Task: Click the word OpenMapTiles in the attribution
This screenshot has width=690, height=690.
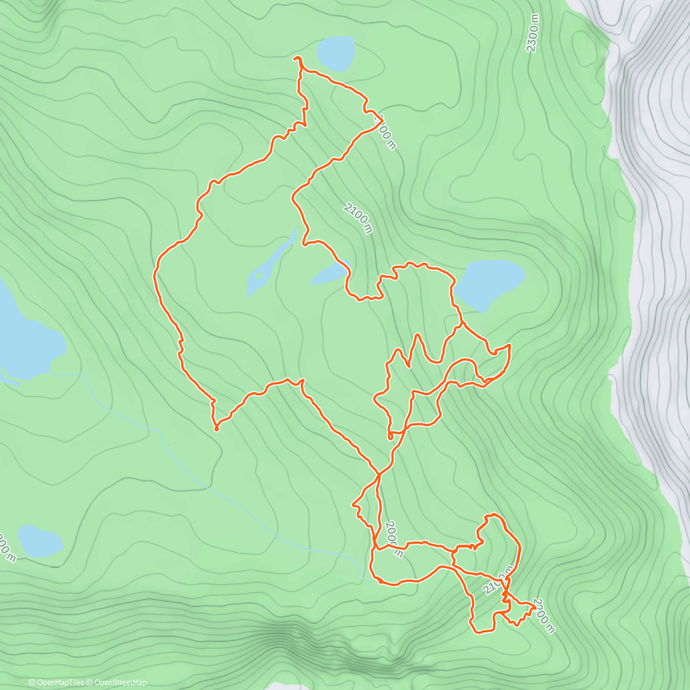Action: click(60, 683)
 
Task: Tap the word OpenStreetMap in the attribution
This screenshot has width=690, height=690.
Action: click(122, 683)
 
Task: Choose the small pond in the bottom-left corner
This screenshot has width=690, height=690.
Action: click(39, 541)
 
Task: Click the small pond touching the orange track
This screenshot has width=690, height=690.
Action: click(330, 274)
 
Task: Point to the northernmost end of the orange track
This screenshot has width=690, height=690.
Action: click(296, 59)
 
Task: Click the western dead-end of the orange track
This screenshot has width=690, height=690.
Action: click(216, 428)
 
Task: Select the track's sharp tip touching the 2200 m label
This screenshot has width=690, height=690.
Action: click(535, 604)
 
